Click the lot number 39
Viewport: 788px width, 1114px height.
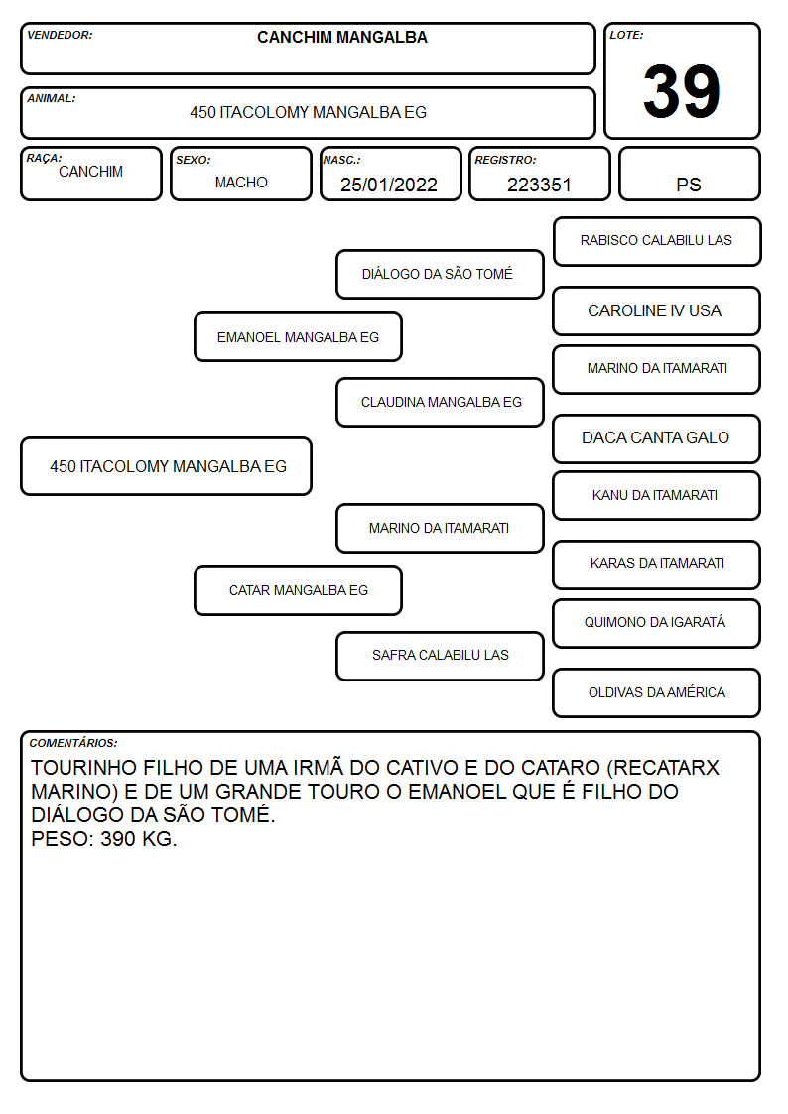coord(682,91)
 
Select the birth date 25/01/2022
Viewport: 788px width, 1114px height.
coord(389,185)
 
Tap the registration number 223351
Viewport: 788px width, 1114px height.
coord(539,185)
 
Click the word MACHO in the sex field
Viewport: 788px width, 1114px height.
coord(241,183)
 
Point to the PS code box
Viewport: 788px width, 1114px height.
coord(689,174)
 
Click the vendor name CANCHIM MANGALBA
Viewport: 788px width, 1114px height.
coord(342,37)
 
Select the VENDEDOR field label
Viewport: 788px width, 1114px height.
coord(60,35)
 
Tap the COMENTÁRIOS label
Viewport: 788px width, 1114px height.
coord(73,743)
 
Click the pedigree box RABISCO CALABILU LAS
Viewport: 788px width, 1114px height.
coord(657,242)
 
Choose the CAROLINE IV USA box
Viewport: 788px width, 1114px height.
coord(657,311)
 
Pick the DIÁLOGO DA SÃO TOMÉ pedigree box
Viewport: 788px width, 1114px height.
coord(440,274)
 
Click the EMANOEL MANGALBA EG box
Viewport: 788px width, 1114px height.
coord(299,337)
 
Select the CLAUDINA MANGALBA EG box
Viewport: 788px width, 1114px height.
coord(440,402)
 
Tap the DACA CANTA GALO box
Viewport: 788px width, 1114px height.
coord(657,438)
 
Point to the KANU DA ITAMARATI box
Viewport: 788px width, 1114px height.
coord(657,495)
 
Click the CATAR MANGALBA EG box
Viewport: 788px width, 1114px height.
coord(299,590)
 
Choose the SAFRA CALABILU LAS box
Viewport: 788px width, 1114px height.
coord(440,656)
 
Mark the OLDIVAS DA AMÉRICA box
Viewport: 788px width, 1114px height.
coord(657,692)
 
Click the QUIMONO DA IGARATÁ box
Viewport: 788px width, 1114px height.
coord(657,623)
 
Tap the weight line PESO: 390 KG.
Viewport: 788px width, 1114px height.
coord(104,839)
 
